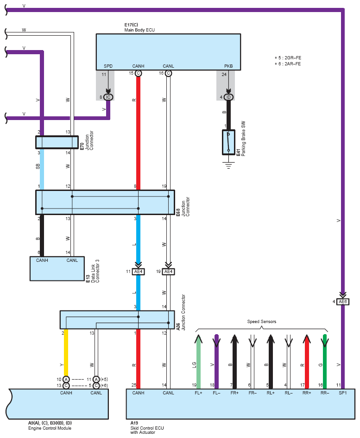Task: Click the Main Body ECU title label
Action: tap(139, 30)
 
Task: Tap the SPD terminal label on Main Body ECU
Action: tap(108, 66)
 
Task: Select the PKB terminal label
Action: tap(228, 66)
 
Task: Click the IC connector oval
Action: tap(108, 97)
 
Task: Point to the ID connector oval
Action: tap(228, 97)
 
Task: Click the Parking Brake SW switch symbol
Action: tap(228, 142)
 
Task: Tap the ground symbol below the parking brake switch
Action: tap(228, 165)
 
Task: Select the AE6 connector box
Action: tap(343, 302)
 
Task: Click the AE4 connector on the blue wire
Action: tap(138, 272)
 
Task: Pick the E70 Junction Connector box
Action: tap(57, 142)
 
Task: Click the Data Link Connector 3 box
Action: tap(57, 269)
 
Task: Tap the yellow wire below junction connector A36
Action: tap(66, 353)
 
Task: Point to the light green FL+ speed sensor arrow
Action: tap(198, 362)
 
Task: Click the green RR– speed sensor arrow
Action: tap(324, 362)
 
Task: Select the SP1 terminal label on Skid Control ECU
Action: tap(343, 393)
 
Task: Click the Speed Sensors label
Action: tap(261, 322)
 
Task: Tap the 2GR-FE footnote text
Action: tap(288, 58)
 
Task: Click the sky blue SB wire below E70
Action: tap(42, 169)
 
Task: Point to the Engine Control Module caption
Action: tap(50, 428)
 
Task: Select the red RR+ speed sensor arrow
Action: tap(307, 362)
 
